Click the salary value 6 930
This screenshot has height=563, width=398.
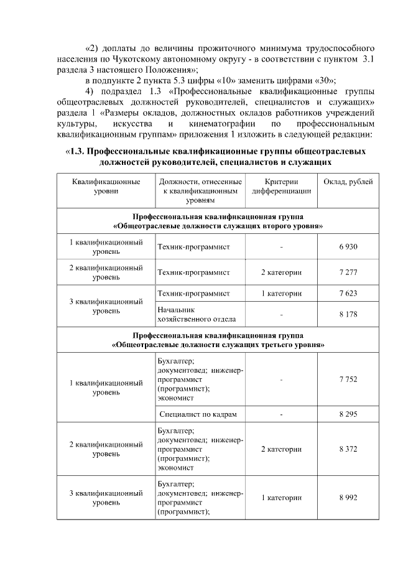pyautogui.click(x=348, y=247)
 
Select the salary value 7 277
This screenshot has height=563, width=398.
pyautogui.click(x=348, y=272)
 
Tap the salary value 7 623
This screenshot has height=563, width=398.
pyautogui.click(x=348, y=293)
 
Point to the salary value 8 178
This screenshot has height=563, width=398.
pyautogui.click(x=348, y=314)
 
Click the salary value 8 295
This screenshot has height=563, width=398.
pyautogui.click(x=348, y=414)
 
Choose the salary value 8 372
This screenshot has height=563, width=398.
pyautogui.click(x=348, y=449)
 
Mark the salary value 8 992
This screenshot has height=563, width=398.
pyautogui.click(x=348, y=498)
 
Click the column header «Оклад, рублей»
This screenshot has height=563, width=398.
pyautogui.click(x=348, y=182)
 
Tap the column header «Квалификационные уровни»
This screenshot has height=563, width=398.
pyautogui.click(x=106, y=186)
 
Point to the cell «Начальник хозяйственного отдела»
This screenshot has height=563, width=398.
pyautogui.click(x=197, y=314)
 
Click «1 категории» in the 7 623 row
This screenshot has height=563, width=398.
pyautogui.click(x=281, y=293)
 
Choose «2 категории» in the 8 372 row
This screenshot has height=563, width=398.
pyautogui.click(x=281, y=449)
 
